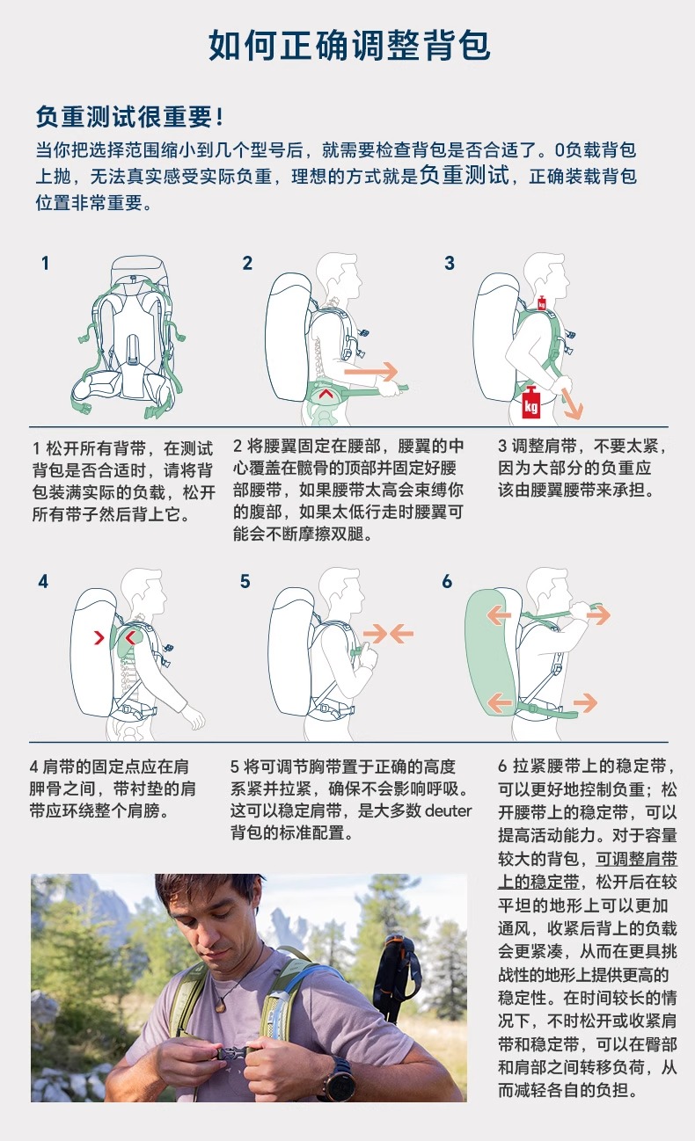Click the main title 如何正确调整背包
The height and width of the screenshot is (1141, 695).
click(349, 46)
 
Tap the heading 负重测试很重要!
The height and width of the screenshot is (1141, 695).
click(129, 117)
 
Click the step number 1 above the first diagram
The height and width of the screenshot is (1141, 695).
click(46, 264)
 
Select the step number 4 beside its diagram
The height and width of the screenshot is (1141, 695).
click(43, 581)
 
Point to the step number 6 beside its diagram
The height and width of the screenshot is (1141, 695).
click(447, 581)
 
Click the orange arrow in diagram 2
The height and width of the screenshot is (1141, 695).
click(370, 371)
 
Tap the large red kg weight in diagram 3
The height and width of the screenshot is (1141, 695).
click(530, 403)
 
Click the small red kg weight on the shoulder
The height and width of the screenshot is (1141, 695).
click(542, 302)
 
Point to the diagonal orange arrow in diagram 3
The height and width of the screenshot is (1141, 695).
click(572, 404)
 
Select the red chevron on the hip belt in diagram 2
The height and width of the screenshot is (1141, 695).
click(326, 393)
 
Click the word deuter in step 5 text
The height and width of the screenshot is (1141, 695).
click(448, 810)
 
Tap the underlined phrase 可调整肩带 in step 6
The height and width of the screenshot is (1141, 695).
click(636, 859)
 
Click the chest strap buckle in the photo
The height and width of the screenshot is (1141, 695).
click(231, 1055)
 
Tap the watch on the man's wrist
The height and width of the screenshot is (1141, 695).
click(340, 1079)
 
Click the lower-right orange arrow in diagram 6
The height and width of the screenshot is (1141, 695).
click(585, 702)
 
